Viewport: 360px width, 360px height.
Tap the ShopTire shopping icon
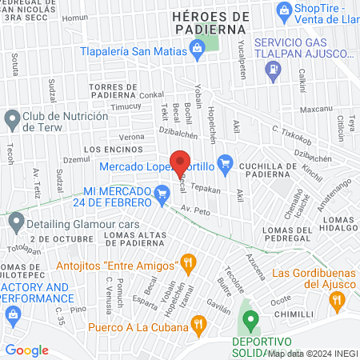tap(283, 10)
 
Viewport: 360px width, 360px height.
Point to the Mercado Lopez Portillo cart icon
tap(225, 166)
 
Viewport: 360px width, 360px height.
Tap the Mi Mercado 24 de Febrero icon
tap(162, 192)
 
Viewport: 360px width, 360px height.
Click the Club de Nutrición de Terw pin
tap(11, 121)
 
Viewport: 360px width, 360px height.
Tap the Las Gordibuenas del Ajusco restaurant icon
tap(337, 301)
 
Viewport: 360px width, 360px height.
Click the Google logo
tap(27, 350)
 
